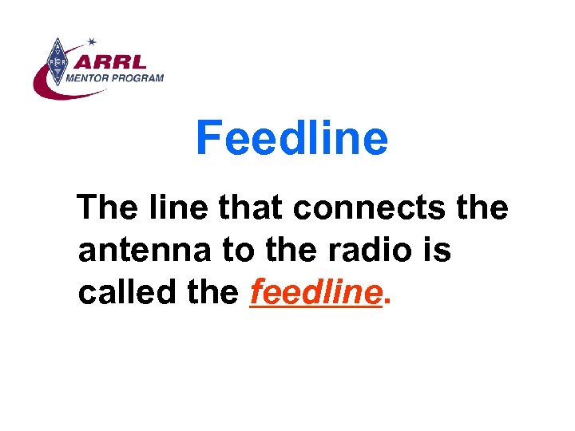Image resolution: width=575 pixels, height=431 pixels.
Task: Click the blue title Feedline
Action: point(291,138)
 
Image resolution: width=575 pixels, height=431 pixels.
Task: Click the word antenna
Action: point(145,251)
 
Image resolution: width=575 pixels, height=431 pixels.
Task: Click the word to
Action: point(237,251)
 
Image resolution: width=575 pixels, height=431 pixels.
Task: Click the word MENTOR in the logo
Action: point(88,78)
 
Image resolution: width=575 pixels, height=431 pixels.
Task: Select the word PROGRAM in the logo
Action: point(138,78)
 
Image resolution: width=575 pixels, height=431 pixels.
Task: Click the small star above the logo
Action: point(92,41)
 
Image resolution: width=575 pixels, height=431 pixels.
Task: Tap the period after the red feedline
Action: point(388,302)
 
